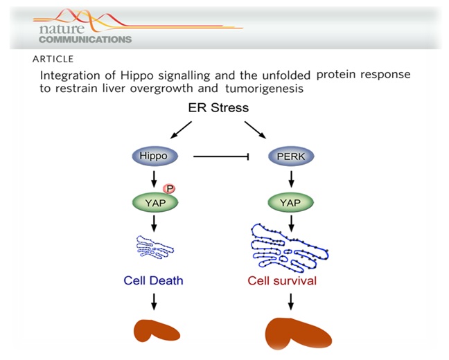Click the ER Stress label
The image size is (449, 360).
point(218,108)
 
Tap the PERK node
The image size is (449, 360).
point(290,157)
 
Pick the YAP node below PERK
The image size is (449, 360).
point(290,202)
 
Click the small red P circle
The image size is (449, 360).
point(168,188)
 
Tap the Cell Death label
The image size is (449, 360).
point(154,281)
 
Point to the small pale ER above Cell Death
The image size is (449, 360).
point(154,247)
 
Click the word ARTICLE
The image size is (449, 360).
point(51,59)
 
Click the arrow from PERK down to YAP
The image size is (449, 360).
point(290,179)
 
